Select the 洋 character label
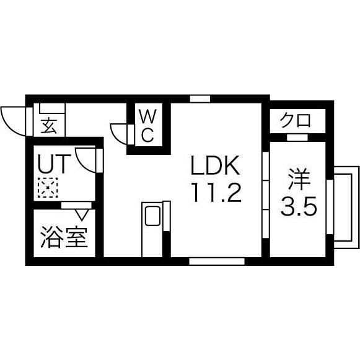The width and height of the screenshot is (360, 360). point(299,180)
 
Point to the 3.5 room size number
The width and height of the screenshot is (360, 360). point(299,206)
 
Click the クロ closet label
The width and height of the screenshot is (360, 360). point(296,120)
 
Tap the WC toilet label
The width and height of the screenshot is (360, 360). point(148,126)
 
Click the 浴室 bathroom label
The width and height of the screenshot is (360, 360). point(64,237)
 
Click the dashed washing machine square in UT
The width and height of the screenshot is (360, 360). point(48,188)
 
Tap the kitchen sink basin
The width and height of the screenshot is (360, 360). point(152,216)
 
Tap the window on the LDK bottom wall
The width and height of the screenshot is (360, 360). point(217,261)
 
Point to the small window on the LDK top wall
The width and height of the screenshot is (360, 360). point(200,99)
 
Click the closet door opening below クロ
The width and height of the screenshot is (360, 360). point(297,138)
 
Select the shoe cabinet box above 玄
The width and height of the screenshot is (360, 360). point(53,108)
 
